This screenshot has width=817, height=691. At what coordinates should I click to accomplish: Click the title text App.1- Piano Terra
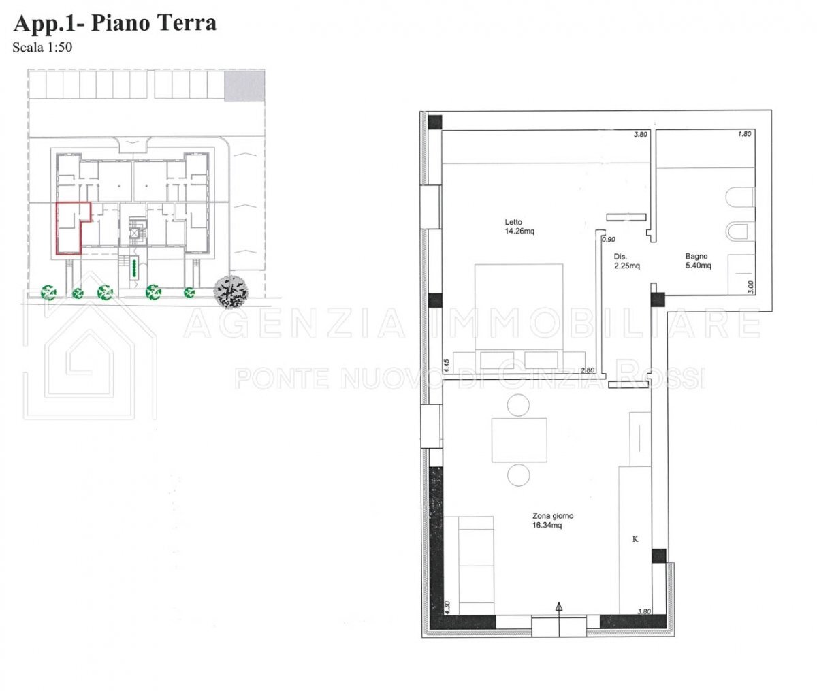[x=115, y=23]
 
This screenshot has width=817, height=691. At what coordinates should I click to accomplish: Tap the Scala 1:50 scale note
[x=42, y=48]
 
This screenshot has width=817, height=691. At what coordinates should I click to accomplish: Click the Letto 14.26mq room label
[x=519, y=227]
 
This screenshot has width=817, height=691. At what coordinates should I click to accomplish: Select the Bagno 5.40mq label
[x=699, y=261]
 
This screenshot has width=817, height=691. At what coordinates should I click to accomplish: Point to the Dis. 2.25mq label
[x=627, y=261]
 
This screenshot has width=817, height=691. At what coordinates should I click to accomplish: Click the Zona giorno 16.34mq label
[x=553, y=520]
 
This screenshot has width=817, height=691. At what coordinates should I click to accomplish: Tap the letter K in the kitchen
[x=635, y=539]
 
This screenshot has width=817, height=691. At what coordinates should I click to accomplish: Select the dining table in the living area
[x=519, y=440]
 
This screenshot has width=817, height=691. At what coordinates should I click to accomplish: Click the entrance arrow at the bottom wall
[x=559, y=620]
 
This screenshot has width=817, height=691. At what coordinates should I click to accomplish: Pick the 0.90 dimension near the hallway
[x=609, y=239]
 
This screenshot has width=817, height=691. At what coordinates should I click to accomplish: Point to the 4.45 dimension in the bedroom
[x=447, y=366]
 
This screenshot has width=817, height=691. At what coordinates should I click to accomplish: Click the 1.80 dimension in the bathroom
[x=744, y=134]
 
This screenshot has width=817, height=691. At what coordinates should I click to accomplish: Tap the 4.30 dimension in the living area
[x=447, y=607]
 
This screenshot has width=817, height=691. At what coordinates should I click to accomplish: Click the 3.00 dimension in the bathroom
[x=751, y=287]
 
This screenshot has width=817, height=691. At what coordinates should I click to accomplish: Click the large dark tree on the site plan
[x=231, y=292]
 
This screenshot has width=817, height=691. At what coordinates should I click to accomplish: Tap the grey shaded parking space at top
[x=244, y=85]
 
